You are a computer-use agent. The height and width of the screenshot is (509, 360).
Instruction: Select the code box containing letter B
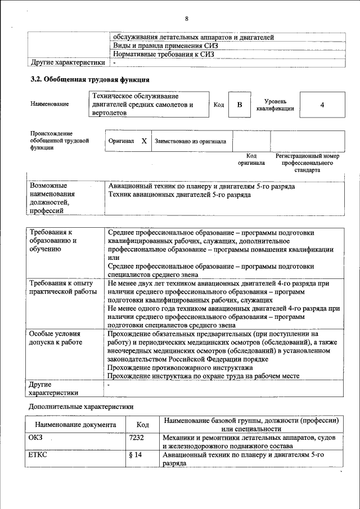pos(240,105)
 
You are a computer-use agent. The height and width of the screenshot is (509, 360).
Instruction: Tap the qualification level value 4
pos(322,105)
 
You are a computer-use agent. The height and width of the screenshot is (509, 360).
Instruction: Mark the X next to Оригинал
pos(144,141)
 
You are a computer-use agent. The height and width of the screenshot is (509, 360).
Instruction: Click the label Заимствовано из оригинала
pos(190,142)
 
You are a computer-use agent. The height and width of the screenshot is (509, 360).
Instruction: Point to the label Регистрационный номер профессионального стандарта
pos(307,163)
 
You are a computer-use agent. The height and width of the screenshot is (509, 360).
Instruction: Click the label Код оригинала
pos(251,159)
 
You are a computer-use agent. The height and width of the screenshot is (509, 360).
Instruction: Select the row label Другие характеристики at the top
pos(67,62)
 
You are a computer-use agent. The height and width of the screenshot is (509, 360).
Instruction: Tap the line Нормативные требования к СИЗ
pos(163,54)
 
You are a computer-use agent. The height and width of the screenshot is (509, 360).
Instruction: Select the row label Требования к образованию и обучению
pos(53,240)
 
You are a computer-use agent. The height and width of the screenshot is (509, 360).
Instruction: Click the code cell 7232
pos(137,437)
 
